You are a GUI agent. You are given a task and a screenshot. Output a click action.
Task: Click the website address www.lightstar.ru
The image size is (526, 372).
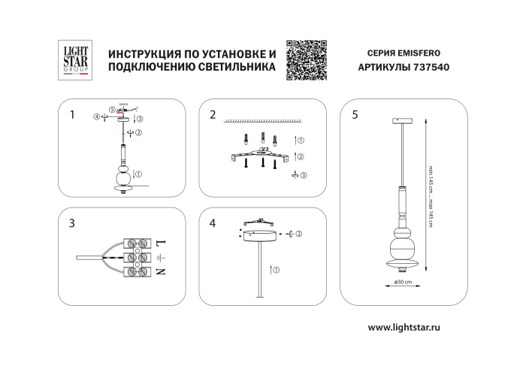(x=413, y=327)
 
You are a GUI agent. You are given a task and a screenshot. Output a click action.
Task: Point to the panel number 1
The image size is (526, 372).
(x=72, y=115)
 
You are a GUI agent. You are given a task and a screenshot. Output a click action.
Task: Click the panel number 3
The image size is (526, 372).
(x=72, y=223)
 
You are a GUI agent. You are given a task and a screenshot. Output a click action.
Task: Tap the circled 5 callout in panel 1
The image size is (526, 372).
(x=111, y=110)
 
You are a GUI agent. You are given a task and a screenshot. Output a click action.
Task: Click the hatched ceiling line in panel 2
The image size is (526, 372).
(x=263, y=120)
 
